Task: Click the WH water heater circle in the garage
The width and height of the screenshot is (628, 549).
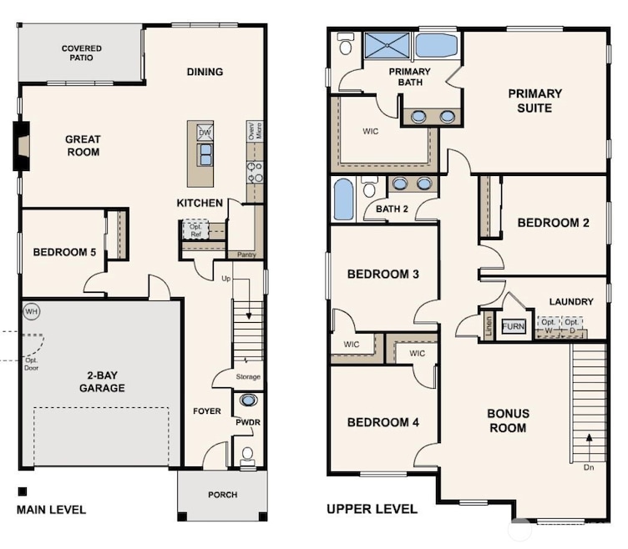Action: pos(31,310)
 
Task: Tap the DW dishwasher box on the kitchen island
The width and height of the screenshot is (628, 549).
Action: pos(205,133)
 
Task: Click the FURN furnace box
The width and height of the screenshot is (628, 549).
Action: pos(514,326)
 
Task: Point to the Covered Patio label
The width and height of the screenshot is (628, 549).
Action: pos(82,53)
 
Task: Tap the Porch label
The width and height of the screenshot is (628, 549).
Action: pos(222,495)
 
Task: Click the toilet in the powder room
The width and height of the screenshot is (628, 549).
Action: pos(247,455)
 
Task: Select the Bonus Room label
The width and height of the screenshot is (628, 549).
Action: pos(508,421)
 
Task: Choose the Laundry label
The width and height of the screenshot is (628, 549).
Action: pos(571,301)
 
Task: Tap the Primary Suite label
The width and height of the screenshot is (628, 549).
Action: pos(534,100)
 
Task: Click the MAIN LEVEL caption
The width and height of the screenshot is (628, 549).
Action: pos(51,509)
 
